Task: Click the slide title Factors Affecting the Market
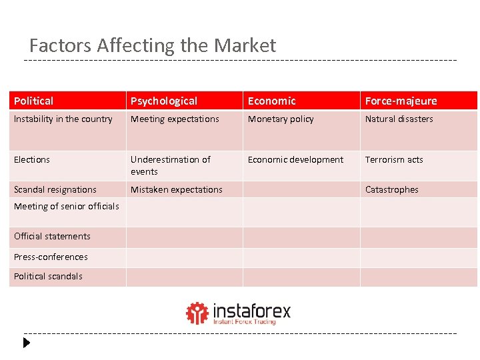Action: [x=152, y=45]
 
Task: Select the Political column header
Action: [x=34, y=101]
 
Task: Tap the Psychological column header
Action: [x=164, y=101]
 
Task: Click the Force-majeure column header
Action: [x=401, y=101]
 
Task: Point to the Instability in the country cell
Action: [x=63, y=119]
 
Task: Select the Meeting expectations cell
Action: [x=175, y=119]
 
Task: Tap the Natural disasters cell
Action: [x=399, y=119]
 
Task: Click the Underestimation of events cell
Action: [x=171, y=165]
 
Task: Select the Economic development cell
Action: [x=295, y=160]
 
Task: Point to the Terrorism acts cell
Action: [x=394, y=160]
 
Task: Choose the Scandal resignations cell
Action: [x=55, y=190]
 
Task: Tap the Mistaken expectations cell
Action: [x=177, y=190]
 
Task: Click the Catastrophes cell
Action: [x=392, y=190]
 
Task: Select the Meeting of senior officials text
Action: [x=67, y=207]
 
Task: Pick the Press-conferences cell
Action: [x=51, y=257]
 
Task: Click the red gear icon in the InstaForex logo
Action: [x=197, y=313]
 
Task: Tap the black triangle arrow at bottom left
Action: [x=27, y=343]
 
